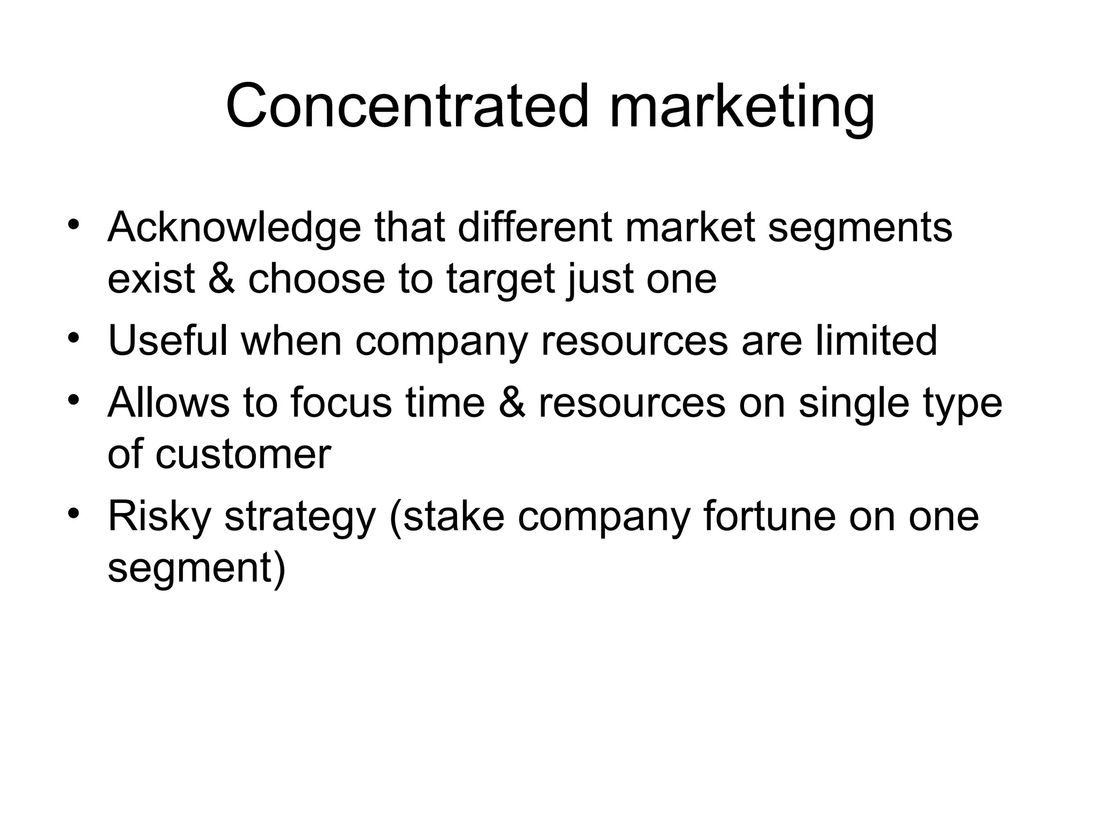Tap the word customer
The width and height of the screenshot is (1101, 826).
coord(243,455)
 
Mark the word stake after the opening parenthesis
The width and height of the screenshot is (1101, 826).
coord(453,516)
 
